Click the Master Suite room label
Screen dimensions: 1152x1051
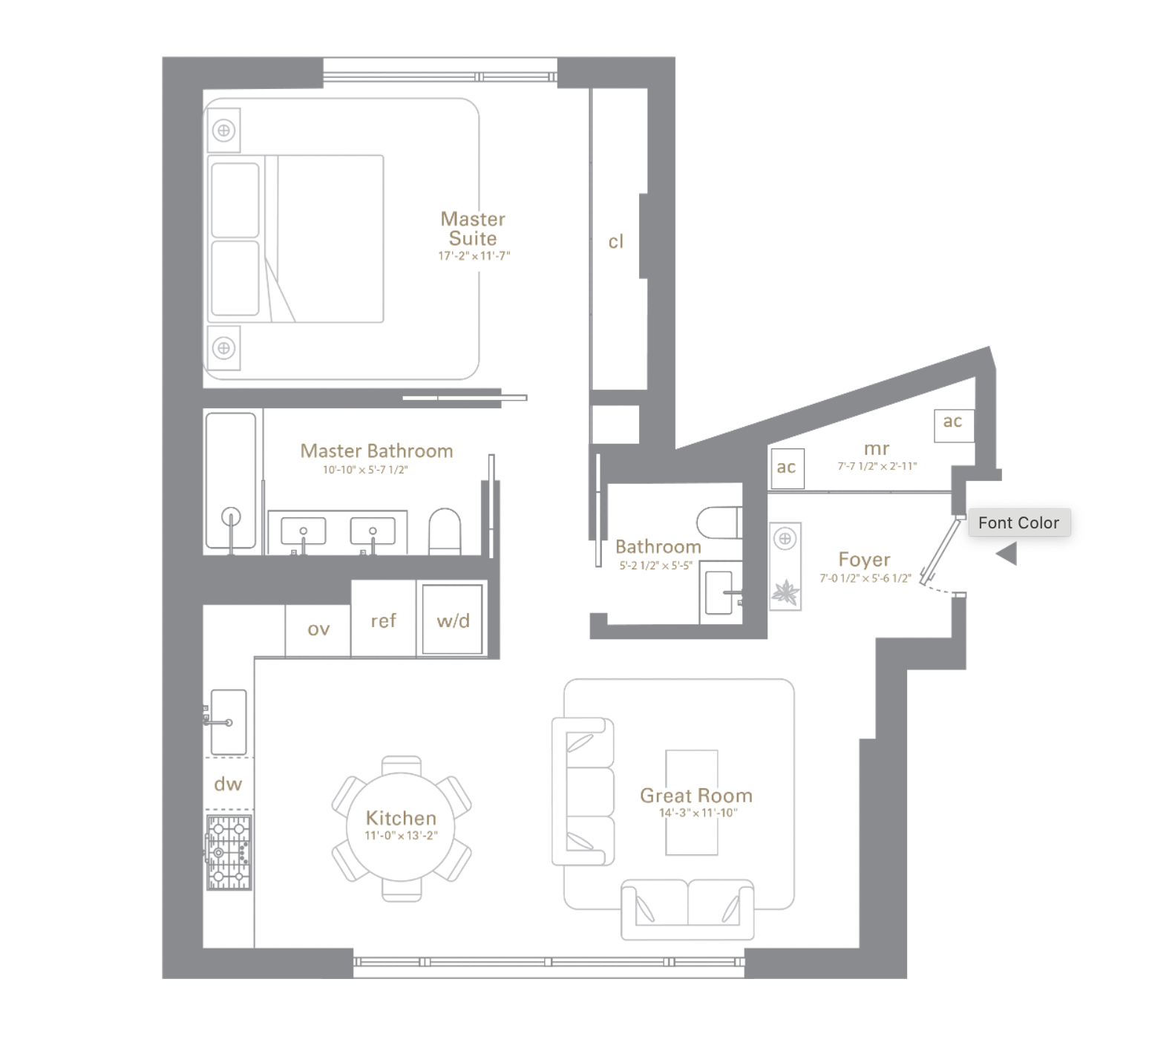[473, 229]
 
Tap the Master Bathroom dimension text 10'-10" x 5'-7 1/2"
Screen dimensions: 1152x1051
[365, 470]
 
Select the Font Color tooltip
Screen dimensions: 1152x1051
[1018, 523]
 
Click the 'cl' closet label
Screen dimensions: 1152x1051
[616, 242]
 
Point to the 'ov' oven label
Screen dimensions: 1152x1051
[318, 629]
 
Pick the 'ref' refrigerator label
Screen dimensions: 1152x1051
[383, 621]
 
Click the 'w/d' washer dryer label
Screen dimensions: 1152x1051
[453, 621]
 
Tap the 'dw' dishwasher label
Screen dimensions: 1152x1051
[228, 784]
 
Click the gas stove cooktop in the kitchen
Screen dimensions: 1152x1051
[229, 853]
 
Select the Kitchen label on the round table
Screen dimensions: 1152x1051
[401, 818]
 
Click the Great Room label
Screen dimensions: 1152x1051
[696, 796]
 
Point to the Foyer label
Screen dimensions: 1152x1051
[864, 559]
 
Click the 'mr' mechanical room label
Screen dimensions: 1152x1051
[877, 449]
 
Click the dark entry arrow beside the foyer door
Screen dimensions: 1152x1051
[1007, 554]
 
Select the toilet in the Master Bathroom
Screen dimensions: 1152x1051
[445, 531]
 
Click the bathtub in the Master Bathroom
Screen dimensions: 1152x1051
[231, 482]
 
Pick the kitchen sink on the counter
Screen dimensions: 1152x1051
[228, 721]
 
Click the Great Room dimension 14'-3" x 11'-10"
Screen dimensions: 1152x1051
[698, 813]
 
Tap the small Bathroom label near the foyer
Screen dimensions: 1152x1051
[658, 547]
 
